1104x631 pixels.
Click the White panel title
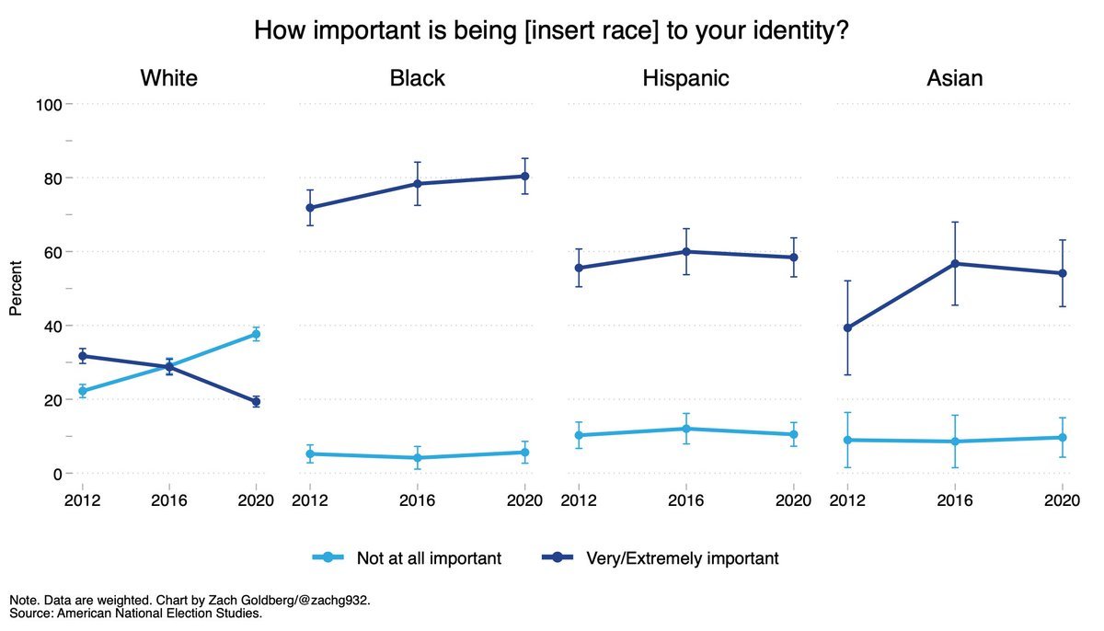click(168, 78)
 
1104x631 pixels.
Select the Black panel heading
click(417, 78)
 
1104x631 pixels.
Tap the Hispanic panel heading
click(685, 78)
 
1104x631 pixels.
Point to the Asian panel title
click(954, 78)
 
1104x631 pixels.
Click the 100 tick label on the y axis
click(47, 105)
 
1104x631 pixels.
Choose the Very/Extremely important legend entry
click(682, 558)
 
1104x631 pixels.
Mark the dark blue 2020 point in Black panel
click(525, 176)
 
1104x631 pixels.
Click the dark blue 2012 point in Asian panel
click(847, 328)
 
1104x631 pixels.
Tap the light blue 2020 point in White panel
click(256, 334)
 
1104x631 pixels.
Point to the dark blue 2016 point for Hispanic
click(685, 252)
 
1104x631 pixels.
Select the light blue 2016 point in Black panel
click(417, 457)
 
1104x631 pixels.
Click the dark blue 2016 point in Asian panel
click(955, 264)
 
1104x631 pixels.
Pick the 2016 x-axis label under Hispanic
click(685, 501)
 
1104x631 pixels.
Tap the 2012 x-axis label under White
click(82, 501)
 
